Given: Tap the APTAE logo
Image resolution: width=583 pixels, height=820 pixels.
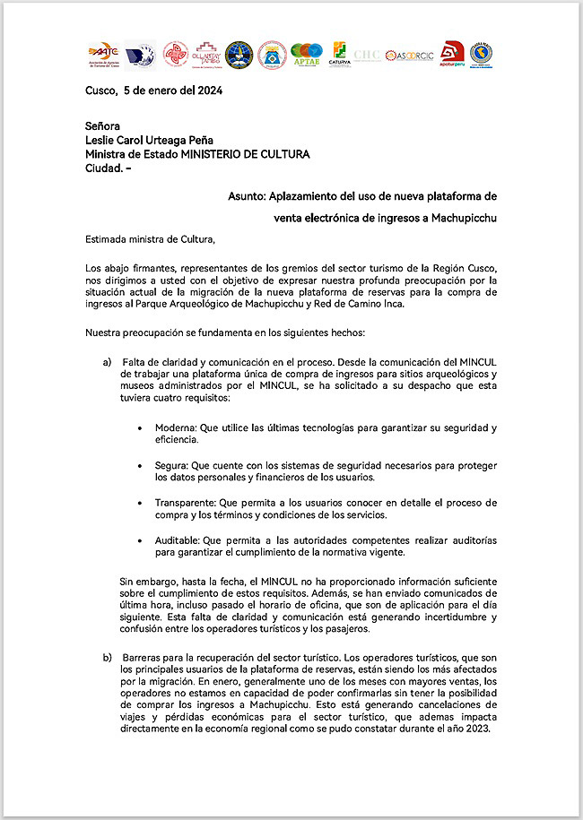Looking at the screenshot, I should (306, 56).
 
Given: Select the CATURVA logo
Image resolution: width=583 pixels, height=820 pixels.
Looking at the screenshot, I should (340, 55).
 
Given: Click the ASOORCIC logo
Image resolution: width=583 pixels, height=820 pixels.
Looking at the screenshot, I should (409, 56).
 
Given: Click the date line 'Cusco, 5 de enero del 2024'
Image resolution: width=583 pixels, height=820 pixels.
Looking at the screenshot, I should (153, 91).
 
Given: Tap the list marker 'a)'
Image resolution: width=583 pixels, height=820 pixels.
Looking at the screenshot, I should (107, 361).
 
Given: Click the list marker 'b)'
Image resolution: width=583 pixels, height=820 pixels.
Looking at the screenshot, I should (107, 659).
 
